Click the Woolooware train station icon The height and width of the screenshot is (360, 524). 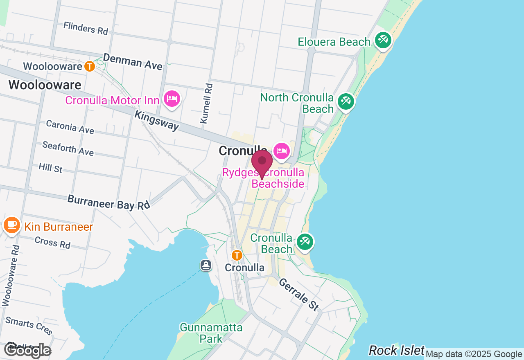click(x=90, y=66)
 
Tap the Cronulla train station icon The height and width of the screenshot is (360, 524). click(x=237, y=255)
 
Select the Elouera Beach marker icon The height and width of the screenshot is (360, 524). click(x=383, y=40)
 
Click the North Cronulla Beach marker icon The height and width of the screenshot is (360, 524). click(x=346, y=102)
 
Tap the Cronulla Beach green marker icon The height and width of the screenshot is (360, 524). click(x=305, y=242)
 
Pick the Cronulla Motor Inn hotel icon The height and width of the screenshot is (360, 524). click(x=172, y=99)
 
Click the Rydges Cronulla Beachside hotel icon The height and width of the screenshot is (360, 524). click(x=282, y=151)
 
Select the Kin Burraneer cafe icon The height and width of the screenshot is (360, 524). click(x=11, y=225)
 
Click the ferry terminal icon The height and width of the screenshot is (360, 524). click(x=206, y=265)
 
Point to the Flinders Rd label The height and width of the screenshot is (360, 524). click(x=86, y=28)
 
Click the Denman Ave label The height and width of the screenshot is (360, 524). click(x=133, y=61)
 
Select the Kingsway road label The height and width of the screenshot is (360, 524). click(x=157, y=121)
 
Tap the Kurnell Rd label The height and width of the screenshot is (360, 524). click(x=207, y=103)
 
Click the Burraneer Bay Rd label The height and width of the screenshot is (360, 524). click(x=109, y=202)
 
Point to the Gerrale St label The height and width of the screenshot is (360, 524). click(x=299, y=294)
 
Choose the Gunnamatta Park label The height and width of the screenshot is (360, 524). click(x=211, y=333)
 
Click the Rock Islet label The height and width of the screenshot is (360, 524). click(x=396, y=350)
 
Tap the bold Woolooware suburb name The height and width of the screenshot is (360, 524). click(x=45, y=85)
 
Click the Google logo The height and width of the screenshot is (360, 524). click(x=28, y=350)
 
